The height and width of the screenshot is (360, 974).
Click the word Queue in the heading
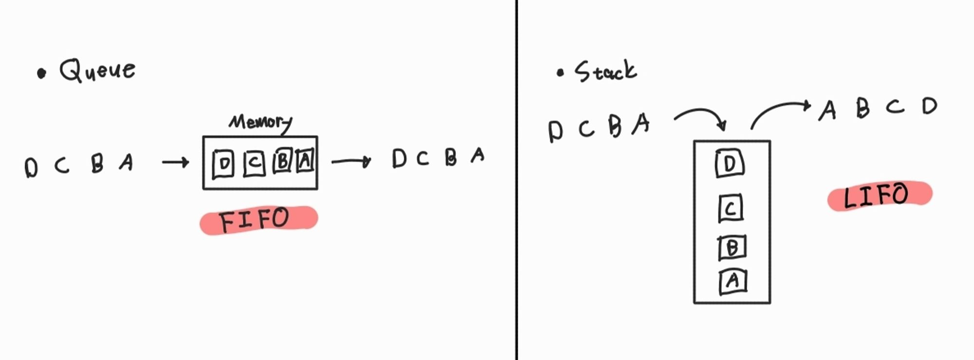[97, 71]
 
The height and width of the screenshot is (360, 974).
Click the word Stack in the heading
[605, 72]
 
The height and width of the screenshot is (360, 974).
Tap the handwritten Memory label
[261, 122]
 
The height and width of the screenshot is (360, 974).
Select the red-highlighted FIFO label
[258, 220]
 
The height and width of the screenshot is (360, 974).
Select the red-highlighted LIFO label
[879, 195]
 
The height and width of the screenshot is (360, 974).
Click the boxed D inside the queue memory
[224, 164]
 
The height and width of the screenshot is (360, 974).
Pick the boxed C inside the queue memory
[254, 163]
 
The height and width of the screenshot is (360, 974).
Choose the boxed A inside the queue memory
[305, 160]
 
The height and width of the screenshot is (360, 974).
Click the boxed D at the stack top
[730, 164]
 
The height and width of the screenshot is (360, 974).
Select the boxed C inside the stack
[730, 208]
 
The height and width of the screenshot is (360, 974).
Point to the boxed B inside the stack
[732, 247]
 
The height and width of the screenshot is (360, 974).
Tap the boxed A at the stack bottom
[732, 282]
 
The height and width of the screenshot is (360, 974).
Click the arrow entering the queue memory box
[175, 162]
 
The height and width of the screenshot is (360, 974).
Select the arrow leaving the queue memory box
[351, 161]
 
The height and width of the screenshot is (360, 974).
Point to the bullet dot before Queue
[42, 74]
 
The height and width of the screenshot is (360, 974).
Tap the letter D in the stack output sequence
[929, 106]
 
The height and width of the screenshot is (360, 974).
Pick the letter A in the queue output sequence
[478, 155]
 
